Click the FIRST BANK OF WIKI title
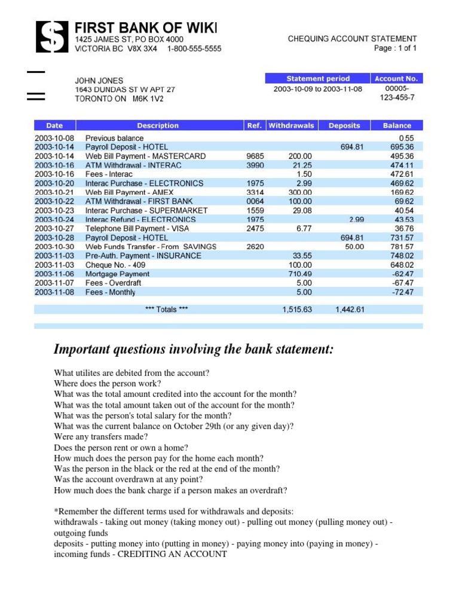[146, 27]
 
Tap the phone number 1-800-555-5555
[194, 48]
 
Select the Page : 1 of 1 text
[395, 48]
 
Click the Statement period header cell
[318, 78]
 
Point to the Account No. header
[397, 78]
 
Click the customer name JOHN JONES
[99, 80]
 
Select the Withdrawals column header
[291, 126]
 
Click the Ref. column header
[255, 126]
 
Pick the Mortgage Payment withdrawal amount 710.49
[299, 274]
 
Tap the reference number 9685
[255, 156]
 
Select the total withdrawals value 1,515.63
[297, 310]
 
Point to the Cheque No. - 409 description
[115, 265]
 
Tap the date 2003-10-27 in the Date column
[54, 228]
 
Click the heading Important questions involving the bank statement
[194, 349]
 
